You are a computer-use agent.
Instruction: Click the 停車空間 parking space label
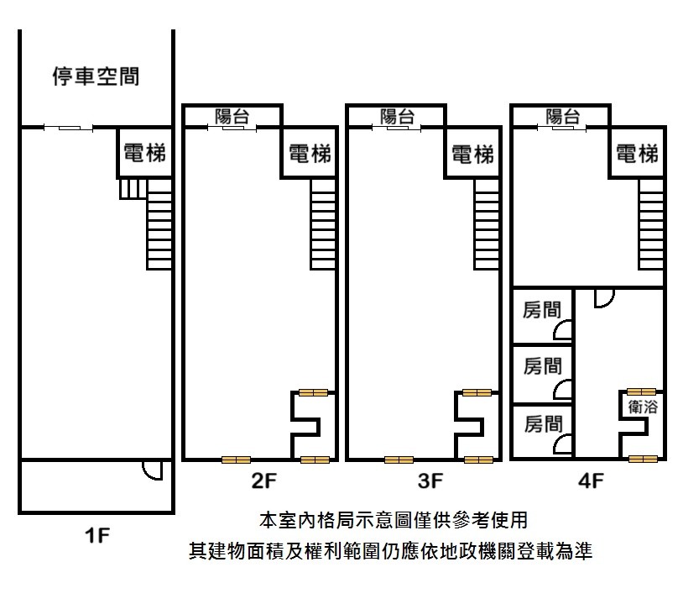[96, 77]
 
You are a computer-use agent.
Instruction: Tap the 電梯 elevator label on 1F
[144, 153]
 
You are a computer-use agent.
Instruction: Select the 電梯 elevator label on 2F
[309, 153]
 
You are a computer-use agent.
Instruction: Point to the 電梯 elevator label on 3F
[472, 154]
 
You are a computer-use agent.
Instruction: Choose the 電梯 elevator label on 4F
[637, 154]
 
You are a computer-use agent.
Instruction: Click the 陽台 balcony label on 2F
[232, 117]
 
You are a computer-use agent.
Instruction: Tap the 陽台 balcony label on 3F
[397, 117]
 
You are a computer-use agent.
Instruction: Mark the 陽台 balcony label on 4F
[562, 117]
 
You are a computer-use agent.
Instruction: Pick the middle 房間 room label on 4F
[542, 365]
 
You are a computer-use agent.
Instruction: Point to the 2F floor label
[263, 481]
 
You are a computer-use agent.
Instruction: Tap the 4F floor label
[592, 481]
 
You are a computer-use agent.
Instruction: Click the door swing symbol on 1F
[152, 470]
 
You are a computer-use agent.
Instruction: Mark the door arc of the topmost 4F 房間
[564, 331]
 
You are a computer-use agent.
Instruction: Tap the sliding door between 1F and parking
[68, 128]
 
